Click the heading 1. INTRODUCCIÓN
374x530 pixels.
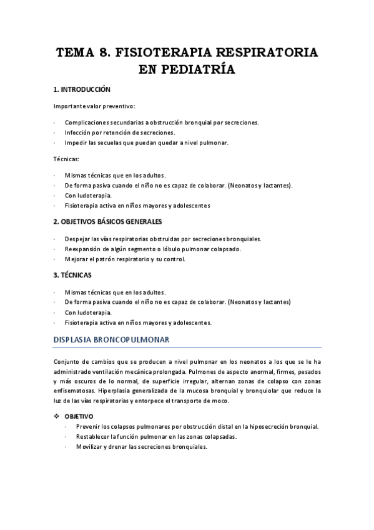coord(82,89)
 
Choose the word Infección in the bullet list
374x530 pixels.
coord(78,132)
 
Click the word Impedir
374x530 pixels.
coord(76,142)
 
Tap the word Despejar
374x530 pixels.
coord(79,239)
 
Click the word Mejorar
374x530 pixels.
coord(77,259)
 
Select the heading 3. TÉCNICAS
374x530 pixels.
coord(72,275)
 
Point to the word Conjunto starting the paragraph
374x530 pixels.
coord(68,361)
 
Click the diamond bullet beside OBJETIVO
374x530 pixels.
coord(57,416)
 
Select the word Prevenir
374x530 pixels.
coord(90,427)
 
